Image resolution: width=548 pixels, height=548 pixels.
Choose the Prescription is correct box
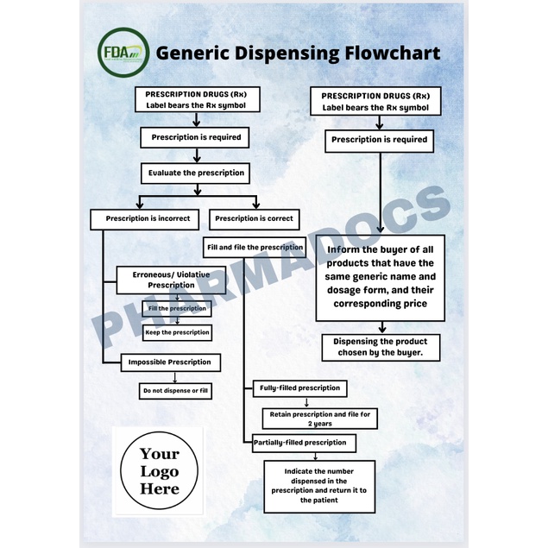(254, 218)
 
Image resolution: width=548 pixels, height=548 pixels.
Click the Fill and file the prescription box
(255, 247)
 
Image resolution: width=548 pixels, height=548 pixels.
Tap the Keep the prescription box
(176, 331)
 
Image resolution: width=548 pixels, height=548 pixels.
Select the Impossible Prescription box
(171, 362)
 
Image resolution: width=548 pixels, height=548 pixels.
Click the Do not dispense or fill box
(176, 391)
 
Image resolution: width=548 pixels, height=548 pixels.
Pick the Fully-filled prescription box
(299, 388)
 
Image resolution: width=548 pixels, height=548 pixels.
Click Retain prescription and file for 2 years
(320, 419)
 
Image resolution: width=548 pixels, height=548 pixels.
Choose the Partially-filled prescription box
(299, 443)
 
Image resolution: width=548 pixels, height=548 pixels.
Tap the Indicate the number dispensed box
(319, 485)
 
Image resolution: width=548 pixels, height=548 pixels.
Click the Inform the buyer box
(380, 277)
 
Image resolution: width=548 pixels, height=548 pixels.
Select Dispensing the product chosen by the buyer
(380, 347)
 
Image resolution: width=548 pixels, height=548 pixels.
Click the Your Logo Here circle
(160, 471)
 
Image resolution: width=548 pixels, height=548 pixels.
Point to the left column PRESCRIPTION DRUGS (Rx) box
(195, 99)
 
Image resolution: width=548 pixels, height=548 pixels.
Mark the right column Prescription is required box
(380, 140)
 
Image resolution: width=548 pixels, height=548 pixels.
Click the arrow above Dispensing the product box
(380, 326)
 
